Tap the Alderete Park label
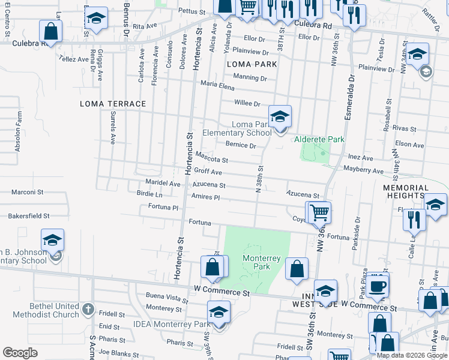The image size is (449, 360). [319, 139]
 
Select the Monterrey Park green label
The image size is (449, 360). [261, 262]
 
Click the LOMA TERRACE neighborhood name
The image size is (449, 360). [113, 104]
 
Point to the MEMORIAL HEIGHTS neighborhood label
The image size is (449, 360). [406, 192]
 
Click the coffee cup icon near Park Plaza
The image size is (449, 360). [378, 286]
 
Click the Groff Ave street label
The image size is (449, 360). [203, 172]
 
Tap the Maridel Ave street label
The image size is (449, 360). [163, 183]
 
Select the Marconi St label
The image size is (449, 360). [28, 193]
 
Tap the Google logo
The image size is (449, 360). [20, 352]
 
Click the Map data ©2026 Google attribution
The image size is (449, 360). [411, 355]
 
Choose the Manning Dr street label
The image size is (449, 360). [250, 78]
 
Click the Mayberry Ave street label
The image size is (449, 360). [363, 171]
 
